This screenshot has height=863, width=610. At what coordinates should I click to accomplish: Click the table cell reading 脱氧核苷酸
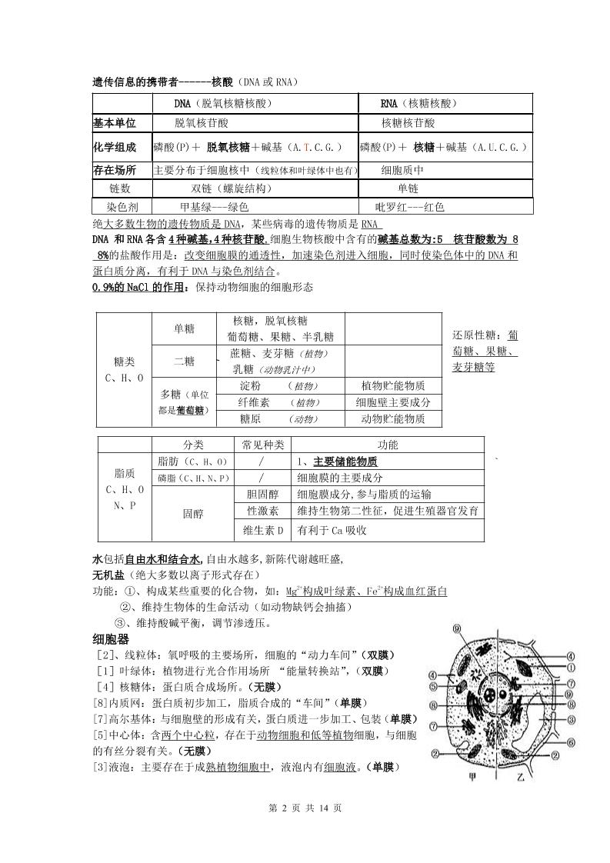pos(202,123)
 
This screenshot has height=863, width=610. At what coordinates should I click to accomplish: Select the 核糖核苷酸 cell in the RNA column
pos(408,123)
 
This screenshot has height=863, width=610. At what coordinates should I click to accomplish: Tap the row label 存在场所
pos(115,171)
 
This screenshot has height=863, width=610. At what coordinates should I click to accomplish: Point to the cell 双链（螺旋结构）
pos(232,188)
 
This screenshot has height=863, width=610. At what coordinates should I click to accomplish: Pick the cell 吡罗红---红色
pos(409,207)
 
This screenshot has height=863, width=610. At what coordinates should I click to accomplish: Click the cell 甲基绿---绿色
pos(214,207)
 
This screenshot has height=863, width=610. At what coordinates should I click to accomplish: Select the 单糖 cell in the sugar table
pos(184,329)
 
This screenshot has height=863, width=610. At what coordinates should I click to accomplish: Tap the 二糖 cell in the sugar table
pos(184,361)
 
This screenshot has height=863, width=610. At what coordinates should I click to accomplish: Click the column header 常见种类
pos(263,445)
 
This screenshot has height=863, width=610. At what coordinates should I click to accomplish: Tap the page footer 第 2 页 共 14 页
pos(304,808)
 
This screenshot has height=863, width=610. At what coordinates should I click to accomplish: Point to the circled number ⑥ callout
pos(572,742)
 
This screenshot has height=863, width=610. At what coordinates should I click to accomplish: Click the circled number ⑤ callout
pos(434,687)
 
